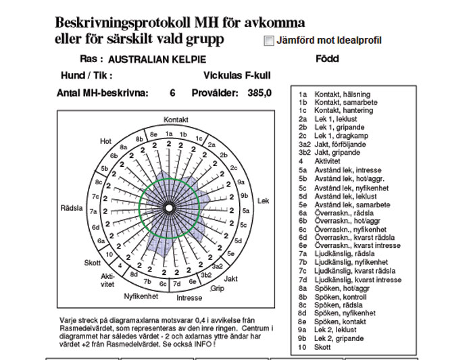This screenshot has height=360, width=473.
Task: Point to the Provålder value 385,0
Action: click(x=259, y=93)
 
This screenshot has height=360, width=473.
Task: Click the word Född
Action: click(x=327, y=59)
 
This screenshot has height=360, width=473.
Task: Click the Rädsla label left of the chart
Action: click(x=71, y=207)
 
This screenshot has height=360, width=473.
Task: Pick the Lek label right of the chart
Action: click(x=263, y=201)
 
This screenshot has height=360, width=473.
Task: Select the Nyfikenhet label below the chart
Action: click(x=141, y=296)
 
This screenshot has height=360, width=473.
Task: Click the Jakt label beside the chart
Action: click(x=230, y=278)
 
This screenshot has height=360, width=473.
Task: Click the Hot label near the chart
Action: click(x=105, y=141)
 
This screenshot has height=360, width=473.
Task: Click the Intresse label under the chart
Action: click(x=189, y=297)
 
